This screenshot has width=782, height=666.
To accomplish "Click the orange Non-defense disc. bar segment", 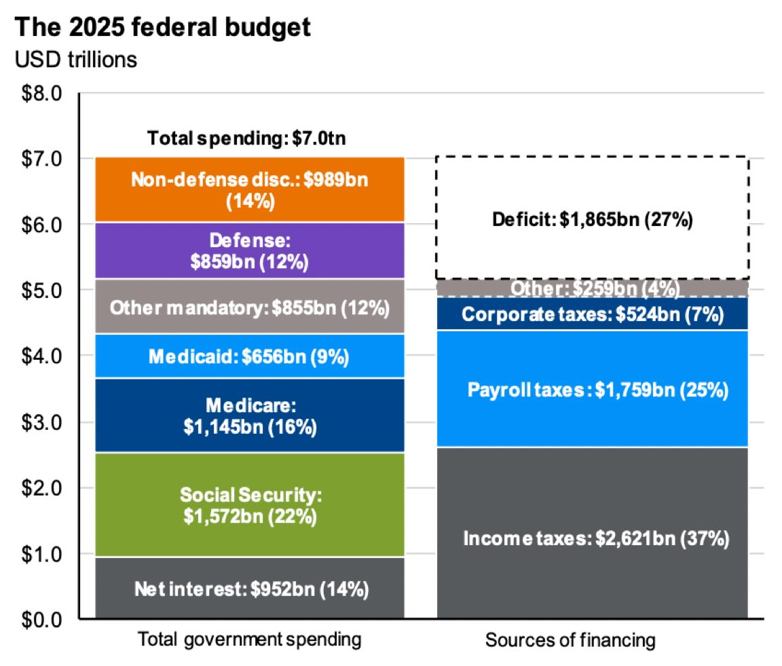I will (250, 190).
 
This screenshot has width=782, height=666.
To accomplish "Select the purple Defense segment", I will (250, 251).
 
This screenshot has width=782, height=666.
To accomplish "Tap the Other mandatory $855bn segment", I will (250, 307).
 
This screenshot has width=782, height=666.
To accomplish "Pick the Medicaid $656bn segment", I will (250, 356).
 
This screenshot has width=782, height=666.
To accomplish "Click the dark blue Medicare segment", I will (250, 415).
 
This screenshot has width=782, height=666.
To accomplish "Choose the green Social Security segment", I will (250, 504).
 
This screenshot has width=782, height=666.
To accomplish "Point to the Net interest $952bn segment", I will (250, 589).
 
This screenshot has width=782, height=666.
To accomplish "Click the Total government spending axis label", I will (250, 640).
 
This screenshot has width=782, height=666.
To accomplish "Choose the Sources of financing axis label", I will (570, 640).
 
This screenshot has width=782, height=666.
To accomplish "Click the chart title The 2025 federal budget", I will (163, 28).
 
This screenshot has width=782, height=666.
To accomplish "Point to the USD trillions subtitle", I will (75, 60).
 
